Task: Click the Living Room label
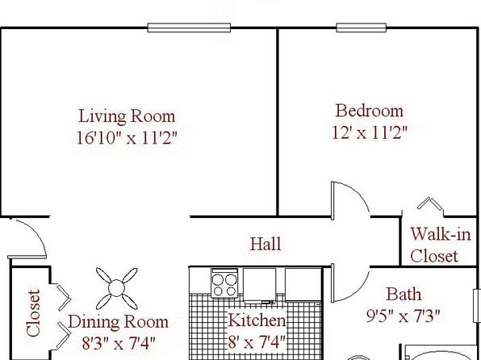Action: pos(127,116)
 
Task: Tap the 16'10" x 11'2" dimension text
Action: pos(127,138)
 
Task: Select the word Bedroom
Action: pos(370,111)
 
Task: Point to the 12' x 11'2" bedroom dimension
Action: pos(370,132)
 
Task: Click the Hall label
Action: pos(266,244)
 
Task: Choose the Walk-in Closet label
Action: pos(440,245)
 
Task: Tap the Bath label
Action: pos(404,294)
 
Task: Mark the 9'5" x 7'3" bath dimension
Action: pos(404,316)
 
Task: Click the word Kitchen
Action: pos(257,320)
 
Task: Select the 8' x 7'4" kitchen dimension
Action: pos(257,341)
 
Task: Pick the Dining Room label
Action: pos(118,322)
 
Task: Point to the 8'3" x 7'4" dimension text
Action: pos(119,343)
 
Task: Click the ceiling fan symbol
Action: pos(116,288)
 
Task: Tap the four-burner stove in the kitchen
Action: pos(224,283)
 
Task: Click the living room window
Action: pos(189,27)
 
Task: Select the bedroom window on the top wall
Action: pos(361,27)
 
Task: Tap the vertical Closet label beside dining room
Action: pos(33,313)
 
